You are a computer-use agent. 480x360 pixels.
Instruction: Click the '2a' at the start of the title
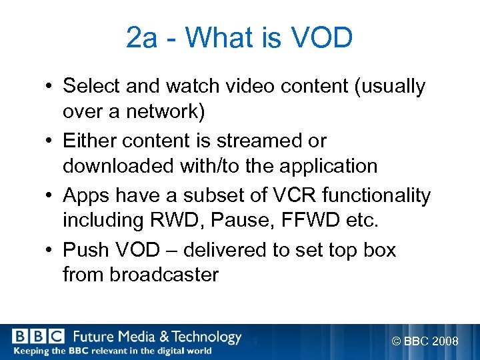[x=142, y=39]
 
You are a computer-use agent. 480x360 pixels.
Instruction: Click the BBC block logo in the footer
[x=37, y=337]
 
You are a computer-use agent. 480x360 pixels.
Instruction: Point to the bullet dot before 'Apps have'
[x=50, y=197]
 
